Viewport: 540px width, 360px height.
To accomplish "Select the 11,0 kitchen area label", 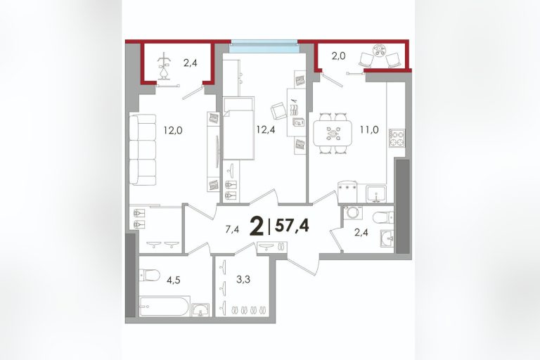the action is (x=370, y=129).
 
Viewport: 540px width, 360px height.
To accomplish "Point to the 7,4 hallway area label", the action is (x=232, y=229).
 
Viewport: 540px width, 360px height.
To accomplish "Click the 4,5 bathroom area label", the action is (x=174, y=280).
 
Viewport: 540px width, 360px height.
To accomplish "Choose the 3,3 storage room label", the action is (x=243, y=279).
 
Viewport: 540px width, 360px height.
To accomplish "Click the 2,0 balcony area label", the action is (x=338, y=56).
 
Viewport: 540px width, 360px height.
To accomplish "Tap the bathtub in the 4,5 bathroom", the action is (x=165, y=306).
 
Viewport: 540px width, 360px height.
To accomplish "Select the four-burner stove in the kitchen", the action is (x=397, y=138).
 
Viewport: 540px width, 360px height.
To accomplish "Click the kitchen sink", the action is (x=377, y=194).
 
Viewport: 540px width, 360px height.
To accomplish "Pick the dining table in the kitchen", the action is (x=333, y=134).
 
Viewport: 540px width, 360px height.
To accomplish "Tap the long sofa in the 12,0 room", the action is (x=143, y=150).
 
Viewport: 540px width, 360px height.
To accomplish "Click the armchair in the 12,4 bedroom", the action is (x=278, y=111).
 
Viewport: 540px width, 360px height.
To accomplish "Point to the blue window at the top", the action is (x=264, y=46).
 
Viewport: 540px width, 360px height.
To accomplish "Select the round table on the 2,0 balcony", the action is (x=380, y=51).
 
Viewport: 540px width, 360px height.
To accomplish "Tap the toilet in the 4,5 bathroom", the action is (x=149, y=274).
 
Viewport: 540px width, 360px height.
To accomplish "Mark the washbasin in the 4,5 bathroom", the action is (x=200, y=309).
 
